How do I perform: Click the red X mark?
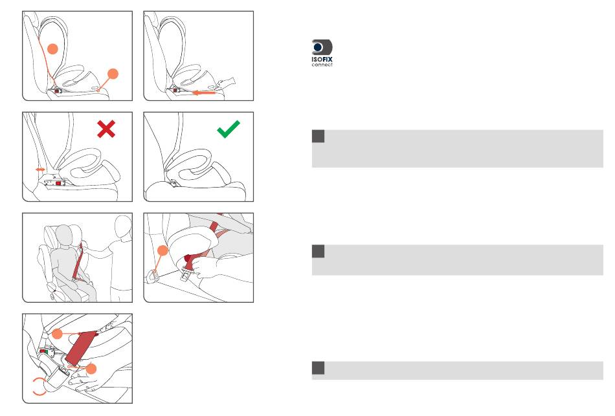coord(106,129)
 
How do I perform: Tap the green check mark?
coord(229,129)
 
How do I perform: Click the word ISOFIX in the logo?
coord(322,60)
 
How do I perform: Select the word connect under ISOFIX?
coord(322,65)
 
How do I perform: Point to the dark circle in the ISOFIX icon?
coord(318,47)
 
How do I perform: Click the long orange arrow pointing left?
coord(203,93)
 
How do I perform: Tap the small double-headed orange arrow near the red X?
coord(40,170)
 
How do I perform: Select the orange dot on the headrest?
coord(52,49)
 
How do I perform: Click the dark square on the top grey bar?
coord(318,136)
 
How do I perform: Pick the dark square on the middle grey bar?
coord(318,251)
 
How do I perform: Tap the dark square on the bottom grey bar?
coord(318,367)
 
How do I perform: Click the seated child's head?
coord(63,236)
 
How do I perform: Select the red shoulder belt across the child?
coord(78,262)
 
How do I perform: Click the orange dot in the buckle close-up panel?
coord(162,250)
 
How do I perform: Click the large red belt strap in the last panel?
coord(82,347)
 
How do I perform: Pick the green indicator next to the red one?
coord(46,352)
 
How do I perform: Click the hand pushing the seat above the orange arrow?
coord(227,82)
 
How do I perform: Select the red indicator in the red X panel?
coord(58,183)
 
